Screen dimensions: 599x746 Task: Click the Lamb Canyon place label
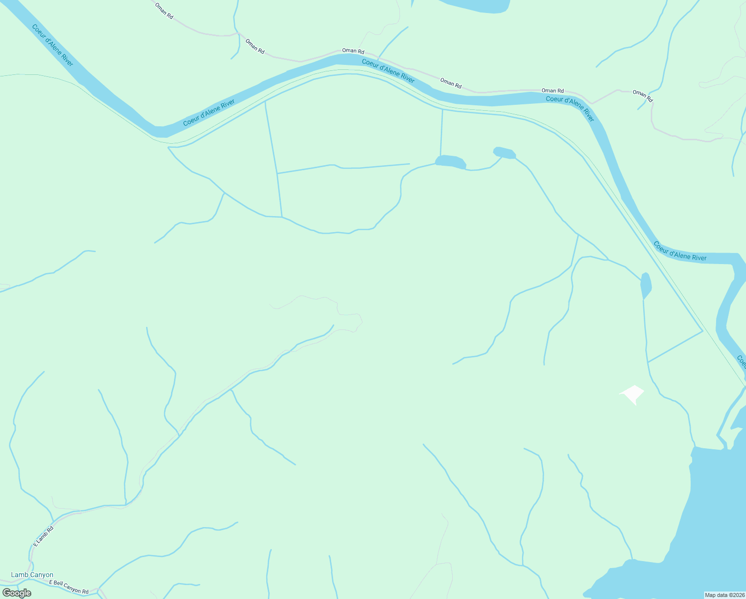coord(32,575)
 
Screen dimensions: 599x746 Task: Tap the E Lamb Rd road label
coord(43,536)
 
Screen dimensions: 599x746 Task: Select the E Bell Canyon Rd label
coord(68,587)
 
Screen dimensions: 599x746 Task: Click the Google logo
coord(16,593)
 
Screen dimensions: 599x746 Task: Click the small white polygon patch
coord(632,394)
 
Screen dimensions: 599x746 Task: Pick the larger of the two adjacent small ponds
coord(450,162)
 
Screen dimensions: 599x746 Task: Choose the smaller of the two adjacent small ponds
coord(504,153)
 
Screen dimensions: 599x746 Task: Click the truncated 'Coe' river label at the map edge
coord(741,361)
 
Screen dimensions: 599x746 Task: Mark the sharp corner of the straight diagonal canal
coord(702,330)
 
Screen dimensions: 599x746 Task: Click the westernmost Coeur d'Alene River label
coord(52,45)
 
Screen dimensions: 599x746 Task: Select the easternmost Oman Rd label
coord(642,96)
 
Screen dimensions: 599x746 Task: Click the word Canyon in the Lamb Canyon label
coord(42,575)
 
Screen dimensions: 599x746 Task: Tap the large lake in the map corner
coord(708,529)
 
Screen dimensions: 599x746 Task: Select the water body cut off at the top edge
coord(474,5)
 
